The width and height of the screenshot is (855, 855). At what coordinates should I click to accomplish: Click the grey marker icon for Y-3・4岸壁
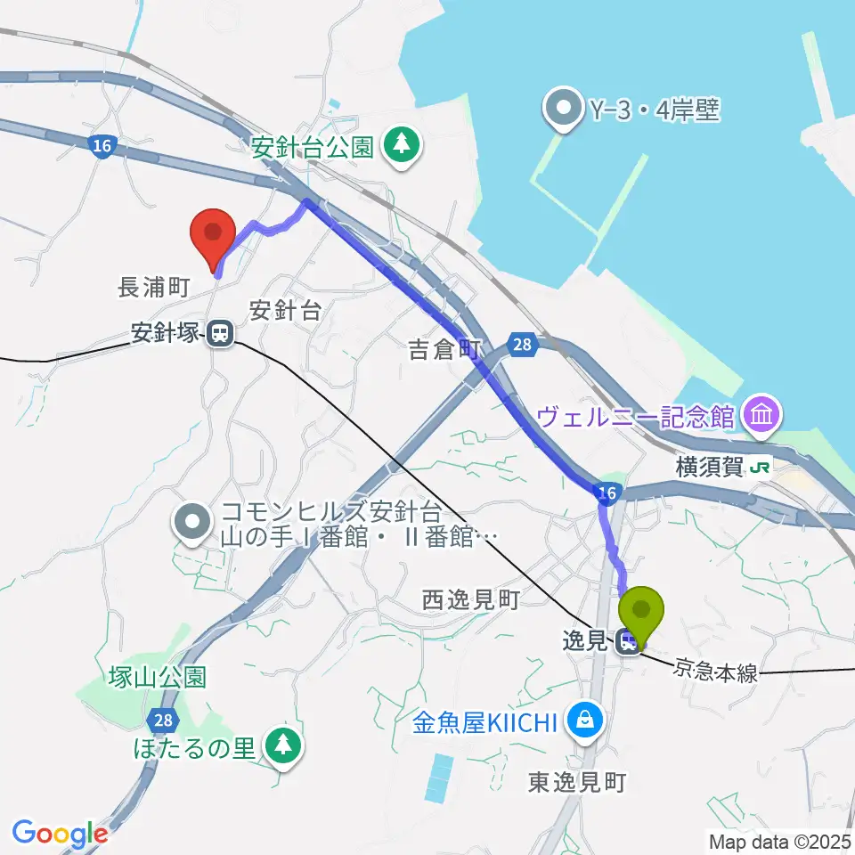[x=564, y=110]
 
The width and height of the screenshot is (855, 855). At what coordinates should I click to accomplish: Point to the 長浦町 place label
[x=154, y=287]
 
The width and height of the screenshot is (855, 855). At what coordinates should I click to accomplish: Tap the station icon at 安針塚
[x=219, y=335]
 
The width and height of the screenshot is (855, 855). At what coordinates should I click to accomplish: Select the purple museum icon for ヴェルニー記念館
[x=764, y=413]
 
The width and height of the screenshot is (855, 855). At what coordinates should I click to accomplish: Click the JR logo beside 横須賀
[x=759, y=466]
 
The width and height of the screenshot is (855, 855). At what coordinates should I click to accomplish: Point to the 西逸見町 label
[x=470, y=601]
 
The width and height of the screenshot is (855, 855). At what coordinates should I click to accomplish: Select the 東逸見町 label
[x=578, y=782]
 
